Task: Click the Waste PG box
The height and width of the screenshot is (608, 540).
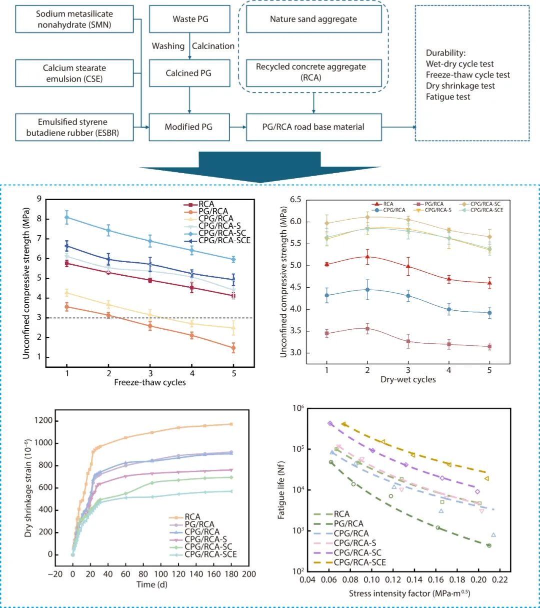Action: pyautogui.click(x=190, y=19)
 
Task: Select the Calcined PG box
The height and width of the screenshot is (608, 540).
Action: pyautogui.click(x=188, y=73)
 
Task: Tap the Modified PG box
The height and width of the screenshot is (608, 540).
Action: pyautogui.click(x=188, y=127)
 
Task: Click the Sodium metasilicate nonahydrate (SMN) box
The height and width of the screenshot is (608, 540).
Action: pyautogui.click(x=74, y=19)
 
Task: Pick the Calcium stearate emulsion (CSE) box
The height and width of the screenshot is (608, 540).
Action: pyautogui.click(x=74, y=73)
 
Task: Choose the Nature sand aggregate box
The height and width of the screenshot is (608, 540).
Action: pyautogui.click(x=313, y=19)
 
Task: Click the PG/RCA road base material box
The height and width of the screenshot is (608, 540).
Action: pyautogui.click(x=313, y=127)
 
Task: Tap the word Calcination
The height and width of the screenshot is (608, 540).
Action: pyautogui.click(x=213, y=46)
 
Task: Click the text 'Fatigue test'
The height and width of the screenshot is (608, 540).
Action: pyautogui.click(x=448, y=97)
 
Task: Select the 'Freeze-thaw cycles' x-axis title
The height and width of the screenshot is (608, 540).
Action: pyautogui.click(x=150, y=382)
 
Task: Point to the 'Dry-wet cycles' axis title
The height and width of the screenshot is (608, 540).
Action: pyautogui.click(x=408, y=379)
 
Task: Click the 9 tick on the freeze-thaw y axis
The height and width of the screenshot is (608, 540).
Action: pyautogui.click(x=39, y=199)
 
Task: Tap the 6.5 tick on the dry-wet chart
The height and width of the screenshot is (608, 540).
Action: pyautogui.click(x=295, y=200)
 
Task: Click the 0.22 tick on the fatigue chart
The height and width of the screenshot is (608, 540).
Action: pyautogui.click(x=499, y=579)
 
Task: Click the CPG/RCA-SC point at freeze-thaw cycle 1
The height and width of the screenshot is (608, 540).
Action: pyautogui.click(x=67, y=217)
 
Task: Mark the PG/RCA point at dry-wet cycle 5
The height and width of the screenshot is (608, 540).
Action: pyautogui.click(x=489, y=346)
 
